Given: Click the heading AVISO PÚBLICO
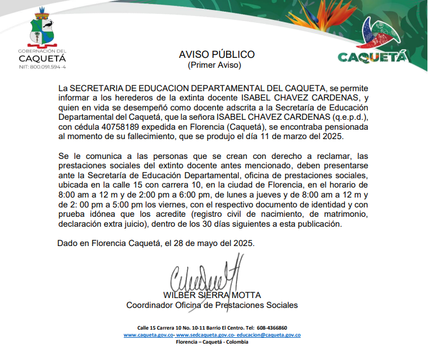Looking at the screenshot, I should click(217, 54).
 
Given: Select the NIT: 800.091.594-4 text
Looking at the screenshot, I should click(42, 67).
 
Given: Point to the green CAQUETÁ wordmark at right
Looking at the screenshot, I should click(371, 57).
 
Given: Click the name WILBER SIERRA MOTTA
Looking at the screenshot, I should click(212, 295).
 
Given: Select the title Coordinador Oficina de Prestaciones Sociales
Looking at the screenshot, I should click(212, 305).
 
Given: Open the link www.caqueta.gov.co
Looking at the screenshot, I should click(149, 335).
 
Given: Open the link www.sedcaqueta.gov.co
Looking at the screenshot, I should click(206, 335).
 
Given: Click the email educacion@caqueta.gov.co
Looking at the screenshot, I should click(269, 335).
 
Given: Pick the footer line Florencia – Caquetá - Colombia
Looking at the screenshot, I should click(212, 342).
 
